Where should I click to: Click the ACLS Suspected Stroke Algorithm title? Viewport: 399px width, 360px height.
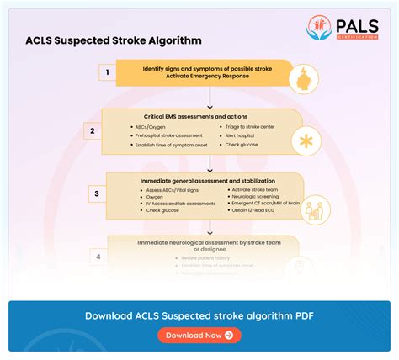click(114, 40)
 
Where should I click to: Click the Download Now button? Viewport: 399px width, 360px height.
click(199, 335)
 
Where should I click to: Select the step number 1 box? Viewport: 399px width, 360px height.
click(107, 72)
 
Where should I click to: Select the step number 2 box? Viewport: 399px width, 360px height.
click(92, 130)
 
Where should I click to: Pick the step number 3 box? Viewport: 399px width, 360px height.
click(96, 193)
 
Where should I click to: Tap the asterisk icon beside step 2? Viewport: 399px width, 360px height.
click(305, 142)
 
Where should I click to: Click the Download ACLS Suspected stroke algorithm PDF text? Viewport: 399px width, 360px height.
click(199, 315)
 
